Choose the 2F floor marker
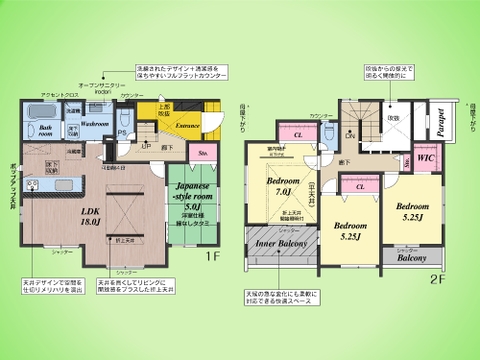tap(433, 279)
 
